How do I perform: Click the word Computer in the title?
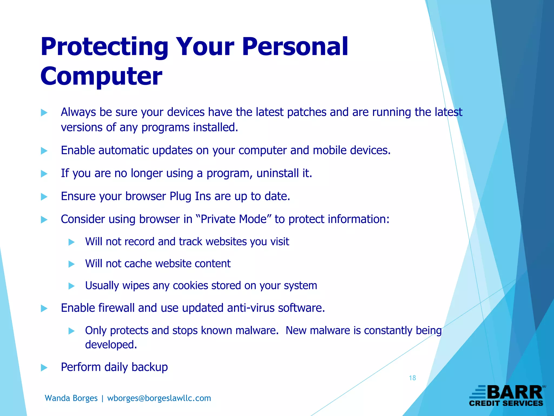pyautogui.click(x=101, y=76)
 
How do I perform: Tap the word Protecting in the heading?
pyautogui.click(x=104, y=47)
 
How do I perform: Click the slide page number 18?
pyautogui.click(x=412, y=378)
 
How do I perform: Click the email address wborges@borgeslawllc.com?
pyautogui.click(x=159, y=398)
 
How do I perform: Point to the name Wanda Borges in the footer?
pyautogui.click(x=71, y=398)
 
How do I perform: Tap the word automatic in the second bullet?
pyautogui.click(x=124, y=150)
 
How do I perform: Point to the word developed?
pyautogui.click(x=111, y=345)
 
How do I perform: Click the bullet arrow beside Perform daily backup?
pyautogui.click(x=44, y=368)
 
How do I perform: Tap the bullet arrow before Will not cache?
pyautogui.click(x=71, y=264)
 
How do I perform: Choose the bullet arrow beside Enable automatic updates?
pyautogui.click(x=44, y=151)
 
